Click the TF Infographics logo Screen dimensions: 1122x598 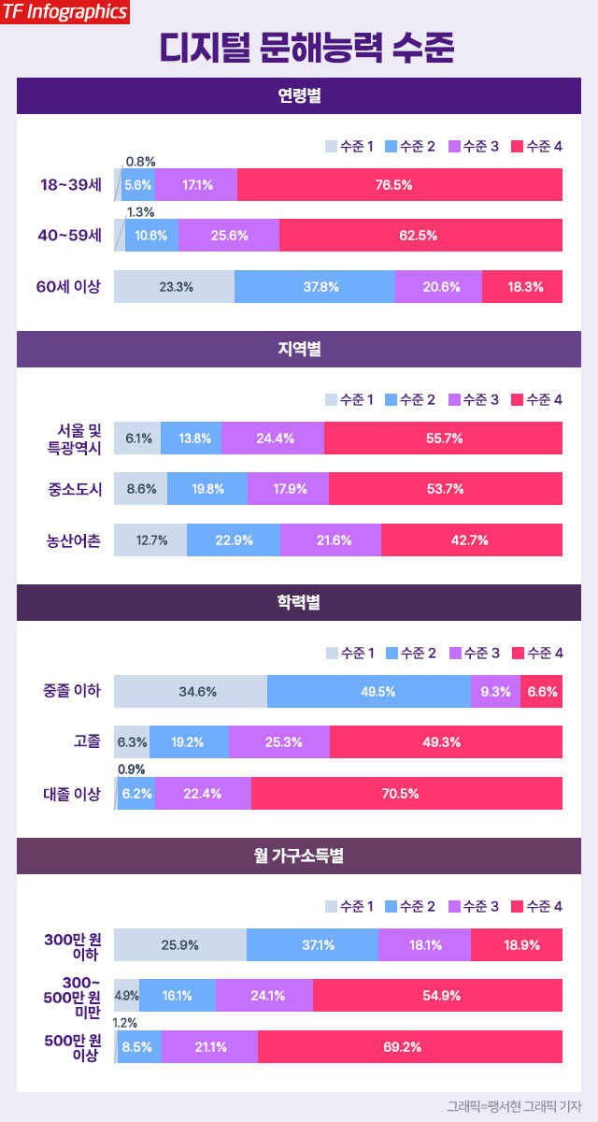[x=64, y=12]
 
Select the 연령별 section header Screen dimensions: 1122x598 [x=299, y=95]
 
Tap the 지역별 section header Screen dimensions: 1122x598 [x=299, y=349]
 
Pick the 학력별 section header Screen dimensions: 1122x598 [x=299, y=602]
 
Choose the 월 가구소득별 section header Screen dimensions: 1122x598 [x=299, y=856]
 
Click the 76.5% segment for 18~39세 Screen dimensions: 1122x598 [x=400, y=185]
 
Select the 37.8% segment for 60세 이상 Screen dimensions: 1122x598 [x=315, y=287]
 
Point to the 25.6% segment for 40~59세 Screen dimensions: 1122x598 [x=229, y=236]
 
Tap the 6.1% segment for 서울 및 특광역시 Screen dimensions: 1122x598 [x=137, y=438]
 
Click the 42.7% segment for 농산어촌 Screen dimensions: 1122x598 [x=472, y=540]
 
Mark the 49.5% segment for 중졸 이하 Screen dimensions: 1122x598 [x=369, y=692]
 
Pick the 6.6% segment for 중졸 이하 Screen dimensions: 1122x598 [x=542, y=692]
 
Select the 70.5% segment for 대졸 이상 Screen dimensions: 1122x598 [x=407, y=794]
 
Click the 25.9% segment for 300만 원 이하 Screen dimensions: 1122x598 [x=180, y=945]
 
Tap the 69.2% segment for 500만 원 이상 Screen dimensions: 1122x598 [x=410, y=1047]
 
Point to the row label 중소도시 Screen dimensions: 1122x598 [x=74, y=489]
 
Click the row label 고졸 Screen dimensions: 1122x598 [x=87, y=742]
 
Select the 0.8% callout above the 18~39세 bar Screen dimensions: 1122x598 [x=140, y=161]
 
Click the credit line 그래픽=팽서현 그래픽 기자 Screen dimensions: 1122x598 [x=513, y=1106]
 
